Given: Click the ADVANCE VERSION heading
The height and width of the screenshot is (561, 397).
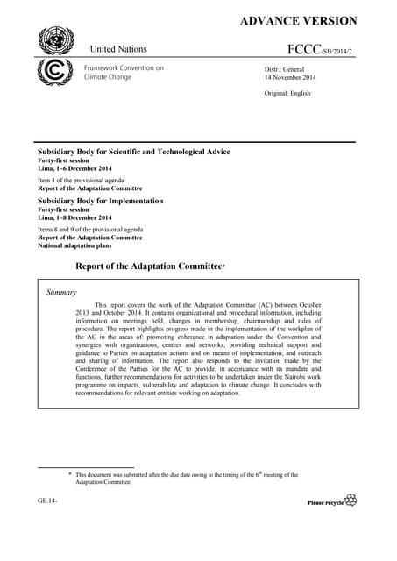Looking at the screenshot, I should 298,21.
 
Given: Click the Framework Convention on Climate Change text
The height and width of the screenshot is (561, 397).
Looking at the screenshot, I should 124,72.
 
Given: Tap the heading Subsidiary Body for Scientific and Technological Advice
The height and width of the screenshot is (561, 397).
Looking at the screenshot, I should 131,152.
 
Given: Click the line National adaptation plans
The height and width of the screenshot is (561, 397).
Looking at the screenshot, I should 77,245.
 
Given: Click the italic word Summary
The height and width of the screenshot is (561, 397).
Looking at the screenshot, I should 61,292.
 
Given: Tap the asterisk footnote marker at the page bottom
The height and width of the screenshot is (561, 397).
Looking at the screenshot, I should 71,475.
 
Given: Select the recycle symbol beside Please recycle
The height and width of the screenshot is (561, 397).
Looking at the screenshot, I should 351,500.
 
